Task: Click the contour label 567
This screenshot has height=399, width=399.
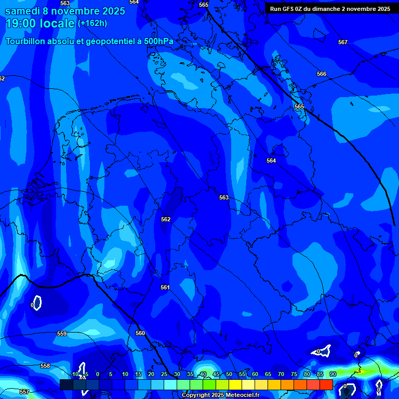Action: coord(342,42)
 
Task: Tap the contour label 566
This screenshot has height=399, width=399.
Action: coord(322,74)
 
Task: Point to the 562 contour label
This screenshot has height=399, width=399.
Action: coord(166,219)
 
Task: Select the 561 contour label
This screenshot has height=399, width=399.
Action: coord(165,287)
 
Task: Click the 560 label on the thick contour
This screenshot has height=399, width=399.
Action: coord(140,333)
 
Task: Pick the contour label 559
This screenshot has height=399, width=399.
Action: coord(62,334)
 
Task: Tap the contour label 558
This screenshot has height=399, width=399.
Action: coord(45,366)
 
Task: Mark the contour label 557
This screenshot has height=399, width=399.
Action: coord(24,392)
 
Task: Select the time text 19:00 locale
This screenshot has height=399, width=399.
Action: coord(39,23)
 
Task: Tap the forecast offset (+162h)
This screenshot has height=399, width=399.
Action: coord(92,23)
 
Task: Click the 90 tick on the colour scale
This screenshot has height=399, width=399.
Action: coord(332,374)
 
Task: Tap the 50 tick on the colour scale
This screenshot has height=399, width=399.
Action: coord(229,374)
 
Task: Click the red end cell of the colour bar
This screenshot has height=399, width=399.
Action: coord(326,384)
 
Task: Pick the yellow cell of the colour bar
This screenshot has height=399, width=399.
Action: coord(235,384)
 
